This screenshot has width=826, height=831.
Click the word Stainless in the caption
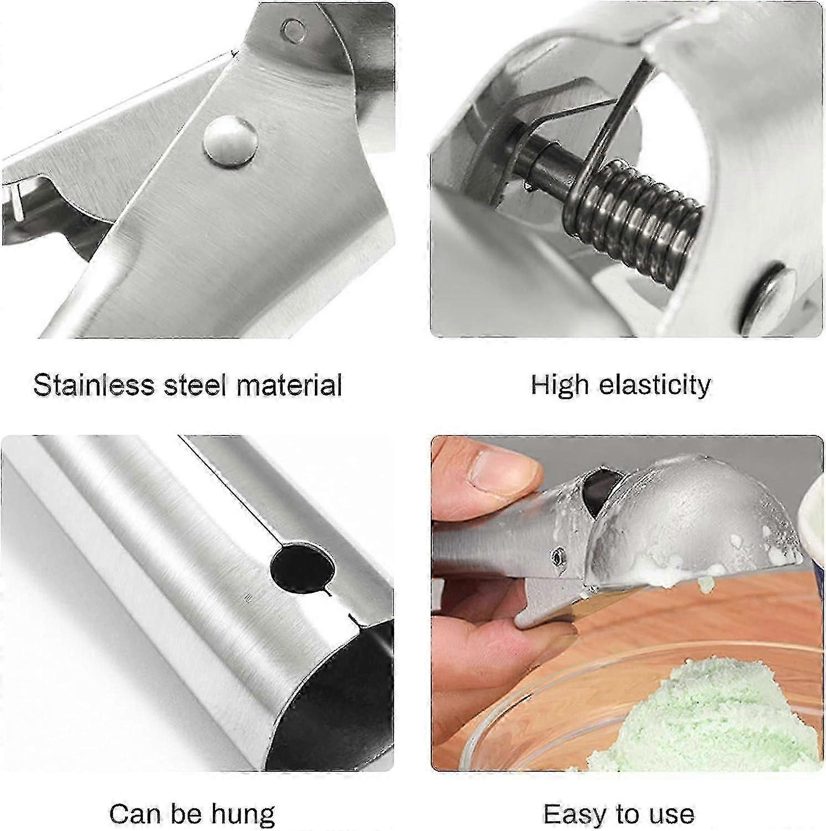[94, 384]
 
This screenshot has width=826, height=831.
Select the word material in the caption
[288, 384]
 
